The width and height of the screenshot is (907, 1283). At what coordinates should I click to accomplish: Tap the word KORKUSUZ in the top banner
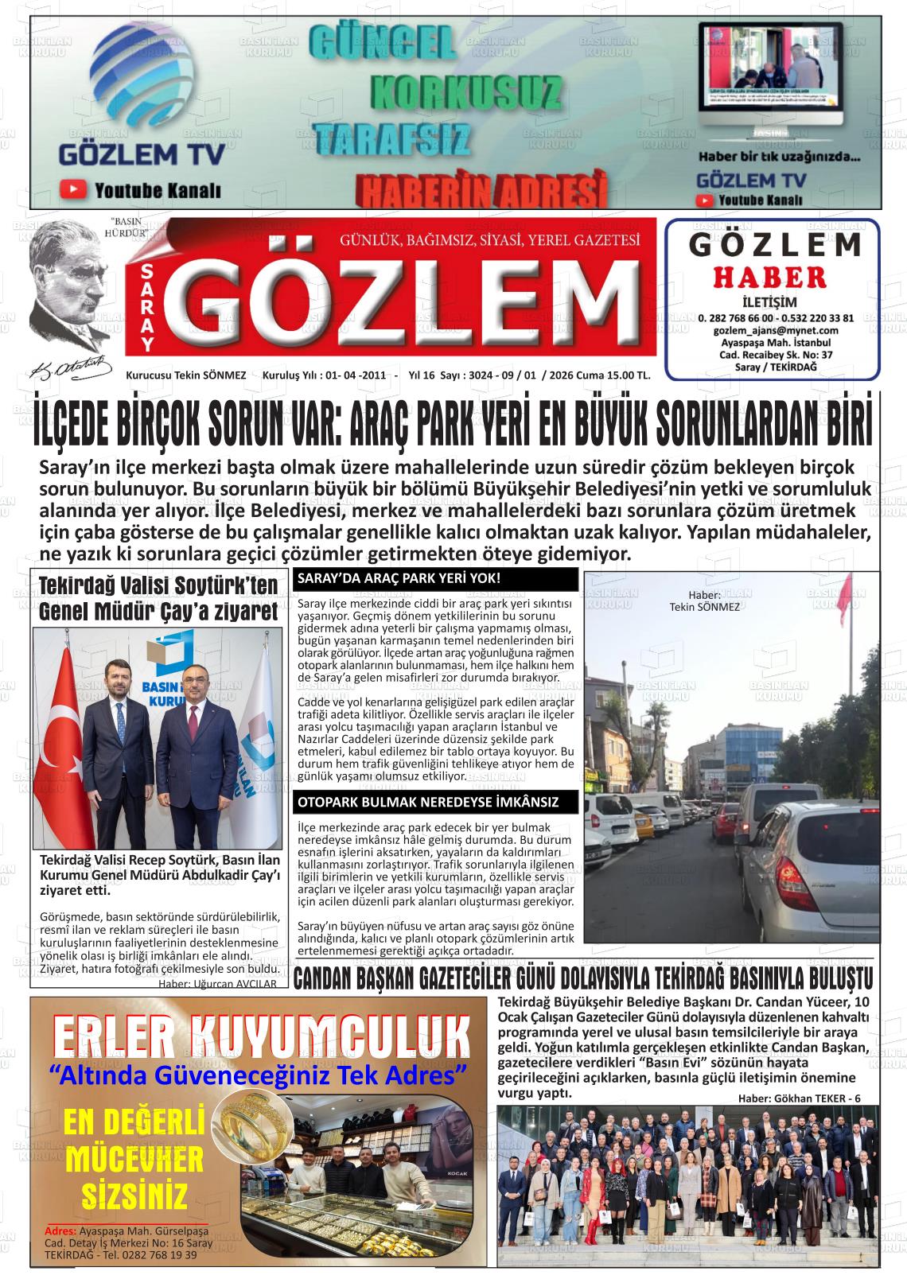click(x=465, y=95)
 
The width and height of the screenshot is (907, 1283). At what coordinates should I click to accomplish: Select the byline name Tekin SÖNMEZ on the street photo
click(x=705, y=607)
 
